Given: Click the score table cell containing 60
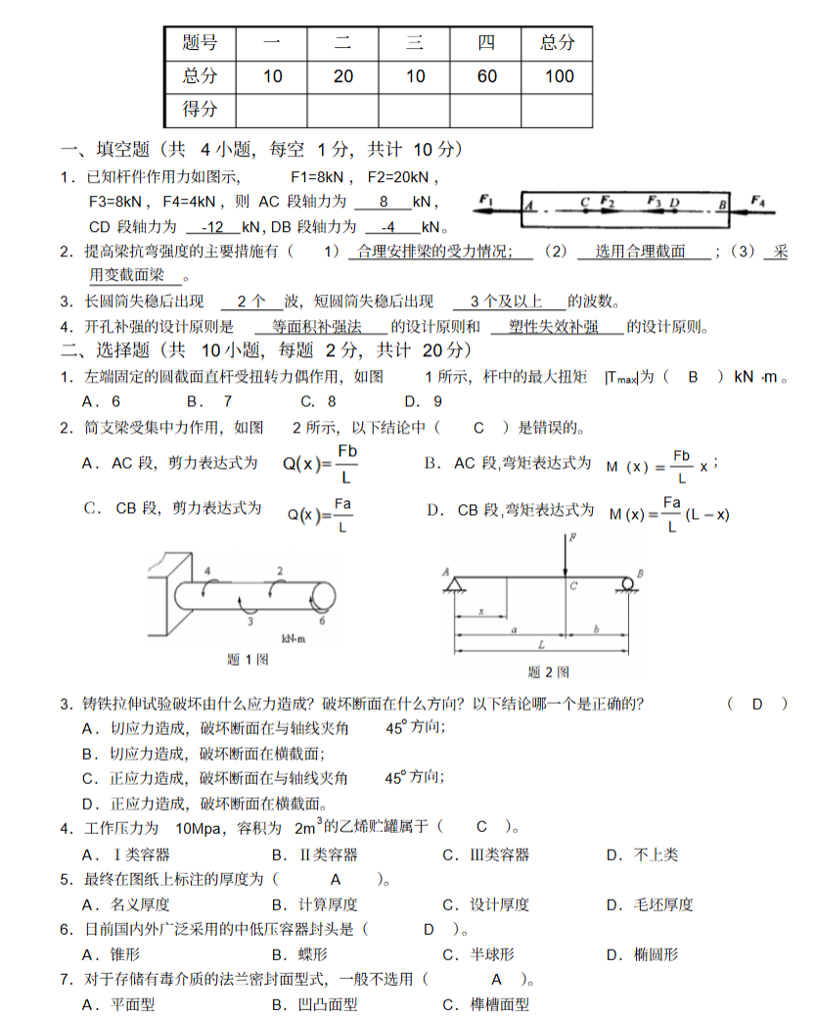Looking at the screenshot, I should point(486,76).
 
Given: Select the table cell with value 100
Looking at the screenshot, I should point(559,76).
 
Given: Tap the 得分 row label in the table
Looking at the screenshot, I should point(201,110).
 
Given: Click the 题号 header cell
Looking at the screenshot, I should point(201,42).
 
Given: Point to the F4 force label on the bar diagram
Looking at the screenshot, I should point(758,200).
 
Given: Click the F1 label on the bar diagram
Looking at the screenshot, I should point(486,200).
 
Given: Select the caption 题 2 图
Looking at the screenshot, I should point(548,671).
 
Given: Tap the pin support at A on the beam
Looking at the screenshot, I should point(454,585).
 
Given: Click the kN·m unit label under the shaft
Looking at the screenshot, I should point(295,638).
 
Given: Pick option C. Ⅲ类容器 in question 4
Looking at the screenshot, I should point(486,855).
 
